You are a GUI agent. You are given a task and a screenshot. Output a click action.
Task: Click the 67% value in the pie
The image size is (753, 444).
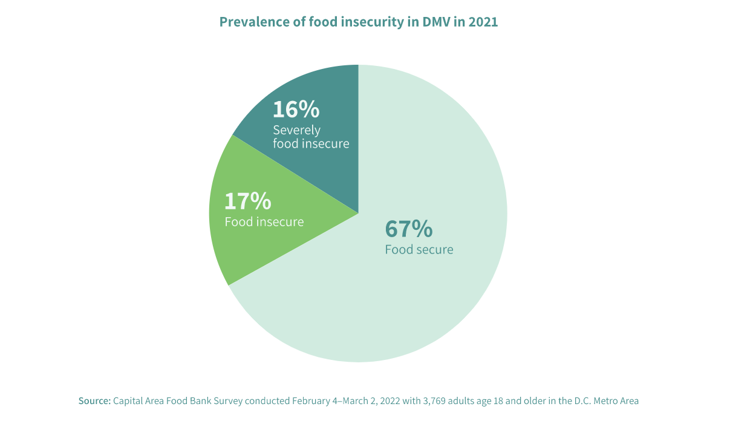tap(409, 229)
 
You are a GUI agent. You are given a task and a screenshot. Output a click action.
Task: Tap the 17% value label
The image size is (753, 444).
tap(247, 201)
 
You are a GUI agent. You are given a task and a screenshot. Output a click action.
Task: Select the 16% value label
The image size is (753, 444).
tap(296, 109)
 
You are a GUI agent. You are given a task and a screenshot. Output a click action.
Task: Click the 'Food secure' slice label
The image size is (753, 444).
tap(419, 249)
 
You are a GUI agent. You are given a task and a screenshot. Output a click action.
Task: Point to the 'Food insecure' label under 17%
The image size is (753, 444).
tap(264, 222)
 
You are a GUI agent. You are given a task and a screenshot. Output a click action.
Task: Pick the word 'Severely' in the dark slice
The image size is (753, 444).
tap(296, 130)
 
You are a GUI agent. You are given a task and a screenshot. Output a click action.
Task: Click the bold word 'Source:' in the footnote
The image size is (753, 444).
tap(94, 401)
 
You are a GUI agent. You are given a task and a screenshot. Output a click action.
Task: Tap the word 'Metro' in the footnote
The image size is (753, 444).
tap(605, 401)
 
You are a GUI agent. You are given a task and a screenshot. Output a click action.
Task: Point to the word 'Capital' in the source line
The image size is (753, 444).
tap(128, 401)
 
